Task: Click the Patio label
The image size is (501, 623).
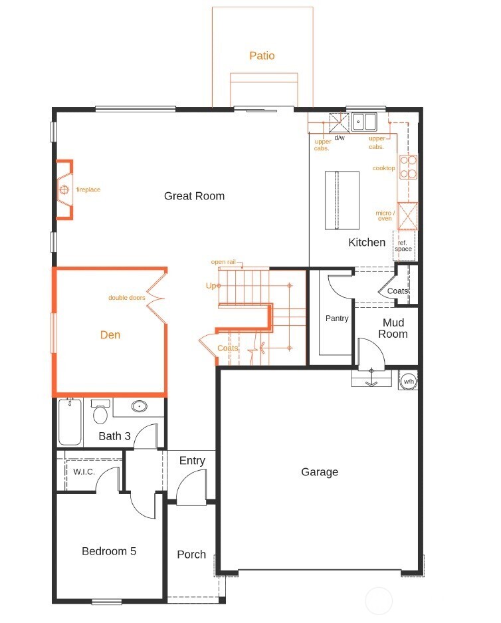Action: (x=262, y=56)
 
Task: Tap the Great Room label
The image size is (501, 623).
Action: (x=194, y=195)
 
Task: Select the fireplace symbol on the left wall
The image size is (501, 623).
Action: (x=64, y=189)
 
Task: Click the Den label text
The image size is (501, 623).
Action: (x=110, y=334)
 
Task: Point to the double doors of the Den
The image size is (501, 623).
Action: (x=155, y=297)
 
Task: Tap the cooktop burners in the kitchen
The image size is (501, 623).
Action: (x=408, y=168)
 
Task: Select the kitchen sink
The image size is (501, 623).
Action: (x=363, y=121)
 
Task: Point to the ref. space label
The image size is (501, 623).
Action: (x=404, y=246)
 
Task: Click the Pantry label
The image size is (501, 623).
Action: (x=337, y=318)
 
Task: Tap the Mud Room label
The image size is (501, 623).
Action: (x=393, y=328)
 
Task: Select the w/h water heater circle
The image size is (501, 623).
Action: (x=407, y=381)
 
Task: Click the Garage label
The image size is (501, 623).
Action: (x=320, y=471)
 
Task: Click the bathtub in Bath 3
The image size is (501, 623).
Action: (x=70, y=422)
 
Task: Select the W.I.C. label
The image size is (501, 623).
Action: (x=84, y=471)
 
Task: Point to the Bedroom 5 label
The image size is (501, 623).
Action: (x=109, y=551)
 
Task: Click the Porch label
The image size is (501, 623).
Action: (x=191, y=554)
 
